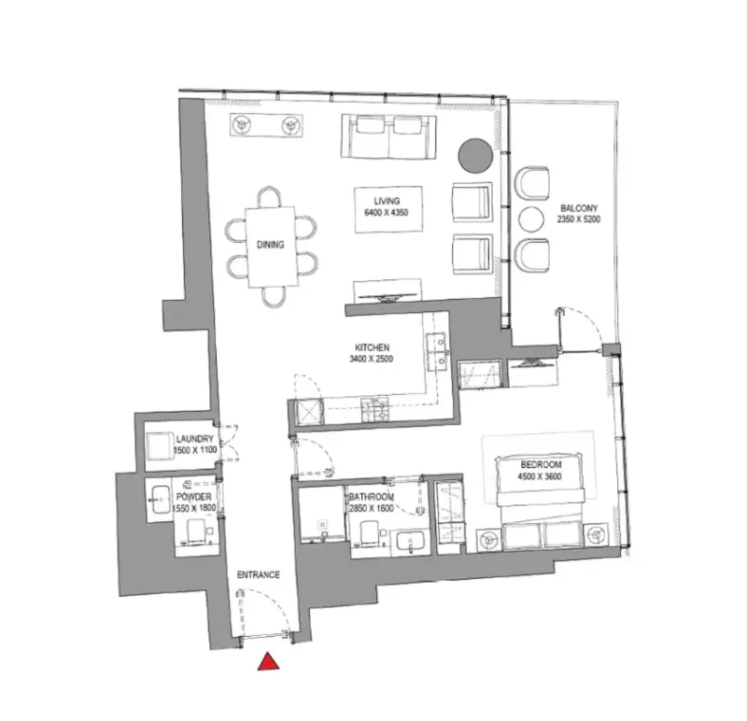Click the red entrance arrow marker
click(269, 661)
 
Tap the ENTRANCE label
click(257, 575)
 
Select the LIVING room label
click(387, 201)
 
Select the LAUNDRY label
click(194, 439)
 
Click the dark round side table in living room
click(474, 155)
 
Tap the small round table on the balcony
click(530, 220)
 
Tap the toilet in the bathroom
click(369, 534)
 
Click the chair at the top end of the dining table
click(271, 195)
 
